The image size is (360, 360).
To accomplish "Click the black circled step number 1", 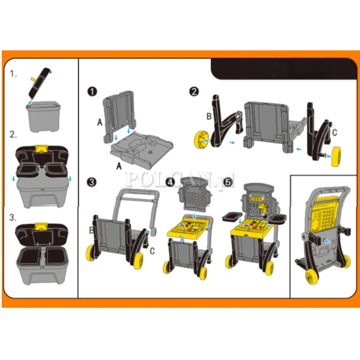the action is click(92, 92).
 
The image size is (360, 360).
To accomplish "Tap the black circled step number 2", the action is click(194, 92).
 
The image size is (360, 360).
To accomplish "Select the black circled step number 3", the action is click(92, 182).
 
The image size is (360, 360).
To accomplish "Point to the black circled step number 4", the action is click(170, 182).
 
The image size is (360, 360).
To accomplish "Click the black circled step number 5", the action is click(228, 182).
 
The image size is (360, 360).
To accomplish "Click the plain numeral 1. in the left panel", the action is click(13, 73).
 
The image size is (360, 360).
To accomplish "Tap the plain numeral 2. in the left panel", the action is click(13, 135).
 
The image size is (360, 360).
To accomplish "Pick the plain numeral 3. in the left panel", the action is click(13, 217).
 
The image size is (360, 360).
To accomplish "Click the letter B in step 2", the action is click(209, 117).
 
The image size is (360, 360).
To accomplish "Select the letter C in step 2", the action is click(334, 132).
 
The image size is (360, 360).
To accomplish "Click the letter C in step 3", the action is click(152, 251).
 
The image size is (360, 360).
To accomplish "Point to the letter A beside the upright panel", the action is click(99, 122).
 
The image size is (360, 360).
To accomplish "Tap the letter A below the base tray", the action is click(119, 166).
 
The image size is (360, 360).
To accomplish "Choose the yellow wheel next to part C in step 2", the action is click(336, 157).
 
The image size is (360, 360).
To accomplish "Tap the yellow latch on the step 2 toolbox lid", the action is click(41, 148).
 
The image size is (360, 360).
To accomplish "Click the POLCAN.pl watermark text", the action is click(180, 179).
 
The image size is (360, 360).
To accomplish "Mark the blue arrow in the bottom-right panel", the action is click(328, 241).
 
